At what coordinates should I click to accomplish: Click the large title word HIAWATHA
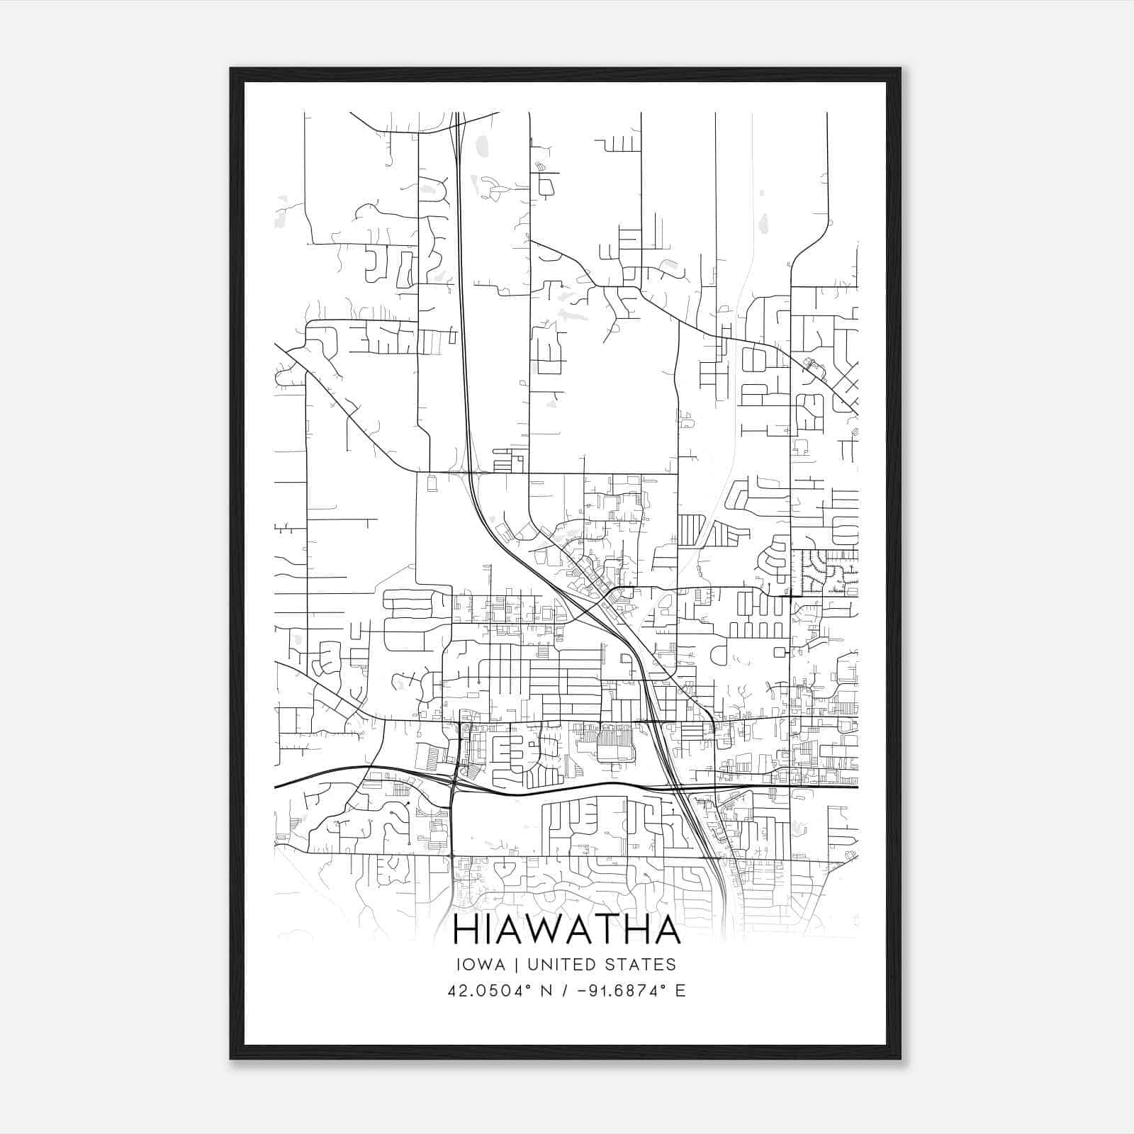click(566, 930)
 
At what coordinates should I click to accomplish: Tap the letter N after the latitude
click(546, 991)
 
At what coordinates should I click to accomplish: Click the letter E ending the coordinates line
click(680, 991)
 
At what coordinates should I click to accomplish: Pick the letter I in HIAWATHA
click(488, 930)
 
